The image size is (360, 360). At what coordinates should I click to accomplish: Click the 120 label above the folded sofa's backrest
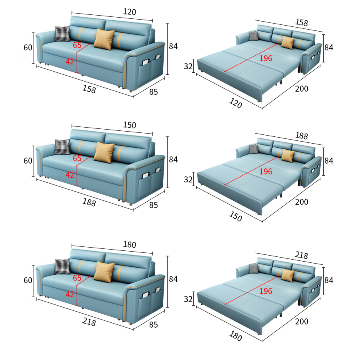point(130,12)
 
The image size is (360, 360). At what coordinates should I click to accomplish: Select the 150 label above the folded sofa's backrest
point(130,125)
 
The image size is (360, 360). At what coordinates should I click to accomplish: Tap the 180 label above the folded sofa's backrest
point(130,244)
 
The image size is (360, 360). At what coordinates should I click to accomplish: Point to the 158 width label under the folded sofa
point(89,89)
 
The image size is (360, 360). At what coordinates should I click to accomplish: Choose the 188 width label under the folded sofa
point(89,202)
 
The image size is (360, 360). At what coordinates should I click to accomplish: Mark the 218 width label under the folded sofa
point(89,322)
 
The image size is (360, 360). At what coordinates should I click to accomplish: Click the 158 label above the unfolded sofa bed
point(302,22)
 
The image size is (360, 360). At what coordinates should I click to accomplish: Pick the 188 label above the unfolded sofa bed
point(302,136)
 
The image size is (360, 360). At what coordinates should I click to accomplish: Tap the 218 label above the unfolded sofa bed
point(302,255)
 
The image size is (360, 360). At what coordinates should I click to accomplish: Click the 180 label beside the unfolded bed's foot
point(236,336)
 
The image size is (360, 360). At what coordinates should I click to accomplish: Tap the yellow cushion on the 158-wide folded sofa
point(104,39)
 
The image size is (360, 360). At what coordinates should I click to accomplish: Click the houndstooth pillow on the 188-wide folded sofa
point(62,147)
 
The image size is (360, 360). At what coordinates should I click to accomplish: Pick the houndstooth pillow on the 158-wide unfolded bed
point(254,36)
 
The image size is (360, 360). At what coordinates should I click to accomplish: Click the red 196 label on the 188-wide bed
point(266,172)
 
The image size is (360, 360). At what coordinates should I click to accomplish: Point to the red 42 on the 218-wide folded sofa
point(70,294)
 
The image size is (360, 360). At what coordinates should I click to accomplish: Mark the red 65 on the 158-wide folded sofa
point(77,45)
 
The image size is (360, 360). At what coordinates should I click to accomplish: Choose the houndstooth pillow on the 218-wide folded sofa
point(62,266)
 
